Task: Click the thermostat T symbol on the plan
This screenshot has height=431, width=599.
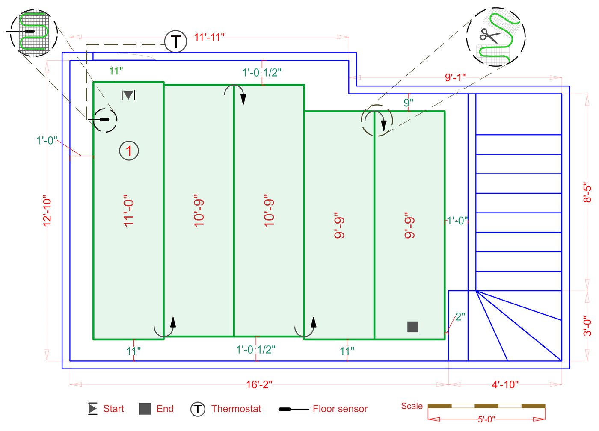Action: [x=175, y=42]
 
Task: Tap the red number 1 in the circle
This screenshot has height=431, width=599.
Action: [x=129, y=151]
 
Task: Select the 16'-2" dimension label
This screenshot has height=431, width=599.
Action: [x=259, y=384]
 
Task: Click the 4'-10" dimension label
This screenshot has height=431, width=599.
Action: [x=505, y=384]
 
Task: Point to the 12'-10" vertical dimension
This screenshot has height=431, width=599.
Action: [x=47, y=211]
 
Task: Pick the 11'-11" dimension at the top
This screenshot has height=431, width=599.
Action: [x=209, y=37]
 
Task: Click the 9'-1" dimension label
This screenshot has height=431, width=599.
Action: [x=455, y=77]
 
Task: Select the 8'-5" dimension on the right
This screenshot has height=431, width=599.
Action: [x=587, y=192]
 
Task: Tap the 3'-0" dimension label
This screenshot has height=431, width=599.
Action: [x=587, y=326]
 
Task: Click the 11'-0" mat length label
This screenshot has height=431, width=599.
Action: [x=129, y=213]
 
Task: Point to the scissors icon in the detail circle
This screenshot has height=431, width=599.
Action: [x=489, y=36]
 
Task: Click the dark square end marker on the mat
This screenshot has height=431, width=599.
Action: [x=413, y=327]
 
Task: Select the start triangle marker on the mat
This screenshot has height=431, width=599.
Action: [x=128, y=95]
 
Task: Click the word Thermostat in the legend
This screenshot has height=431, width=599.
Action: [x=236, y=409]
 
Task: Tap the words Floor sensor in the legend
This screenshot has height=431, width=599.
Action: [x=340, y=409]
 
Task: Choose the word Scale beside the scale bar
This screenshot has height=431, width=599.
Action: [x=412, y=406]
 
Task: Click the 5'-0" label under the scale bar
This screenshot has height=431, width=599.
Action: [x=486, y=419]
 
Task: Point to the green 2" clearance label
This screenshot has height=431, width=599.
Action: [x=460, y=317]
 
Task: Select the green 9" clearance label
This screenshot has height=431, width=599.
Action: [x=408, y=103]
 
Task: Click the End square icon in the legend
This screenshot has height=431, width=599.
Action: [x=145, y=409]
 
